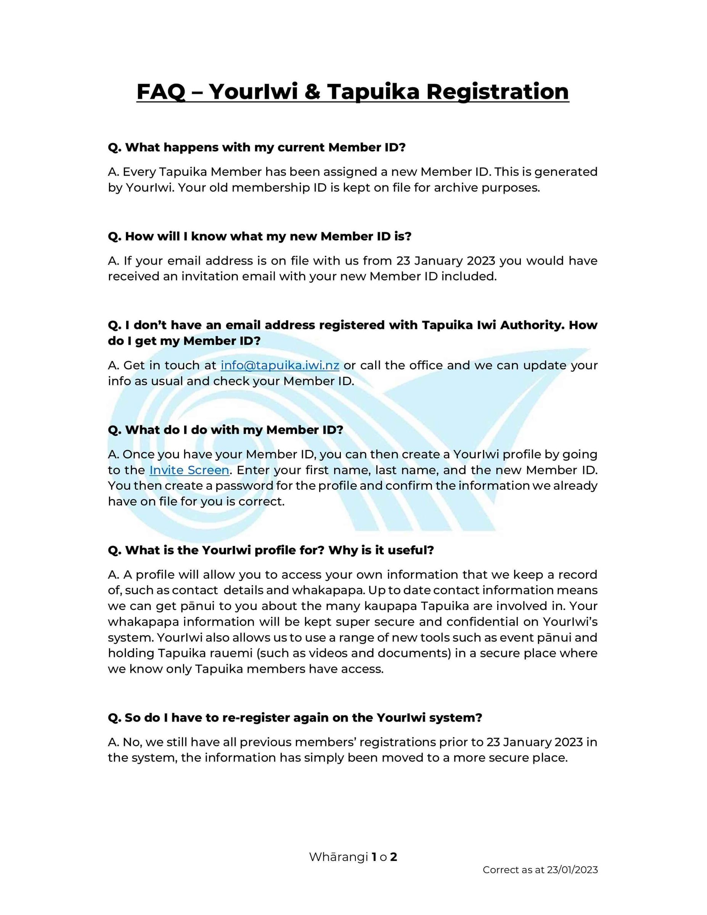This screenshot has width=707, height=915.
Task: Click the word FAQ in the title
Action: pos(161,92)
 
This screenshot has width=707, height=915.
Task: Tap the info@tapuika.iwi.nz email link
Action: pos(280,365)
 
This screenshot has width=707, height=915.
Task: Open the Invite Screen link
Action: pos(189,470)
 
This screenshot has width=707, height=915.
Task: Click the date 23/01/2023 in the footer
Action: pos(572,870)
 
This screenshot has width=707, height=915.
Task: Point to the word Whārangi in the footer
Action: pos(338,857)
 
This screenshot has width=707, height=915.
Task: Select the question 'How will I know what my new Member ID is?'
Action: pos(259,236)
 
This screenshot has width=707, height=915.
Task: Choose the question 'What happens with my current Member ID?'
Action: pos(257,148)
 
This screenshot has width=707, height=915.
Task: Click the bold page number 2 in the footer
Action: pos(393,857)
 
